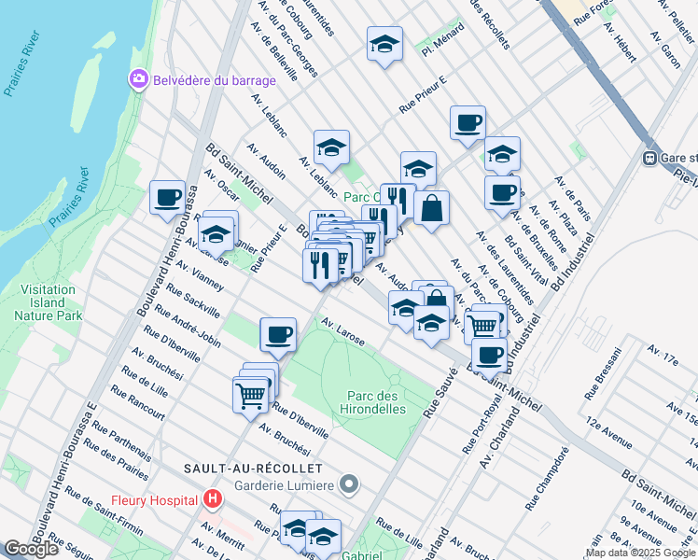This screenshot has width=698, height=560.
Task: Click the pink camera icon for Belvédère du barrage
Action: [x=139, y=80]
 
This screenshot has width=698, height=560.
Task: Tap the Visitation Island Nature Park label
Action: [x=47, y=302]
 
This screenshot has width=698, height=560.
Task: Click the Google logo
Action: [x=31, y=549]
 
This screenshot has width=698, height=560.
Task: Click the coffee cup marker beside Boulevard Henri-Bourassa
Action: [x=168, y=198]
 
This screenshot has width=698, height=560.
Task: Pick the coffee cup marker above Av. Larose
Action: [x=278, y=335]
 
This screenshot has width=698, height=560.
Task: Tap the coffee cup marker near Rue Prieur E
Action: [x=468, y=122]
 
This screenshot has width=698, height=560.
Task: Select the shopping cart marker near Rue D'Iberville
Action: [x=251, y=395]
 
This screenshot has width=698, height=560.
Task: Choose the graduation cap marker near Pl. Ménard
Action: [x=384, y=45]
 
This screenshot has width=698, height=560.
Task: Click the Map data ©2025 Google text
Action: [x=640, y=553]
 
